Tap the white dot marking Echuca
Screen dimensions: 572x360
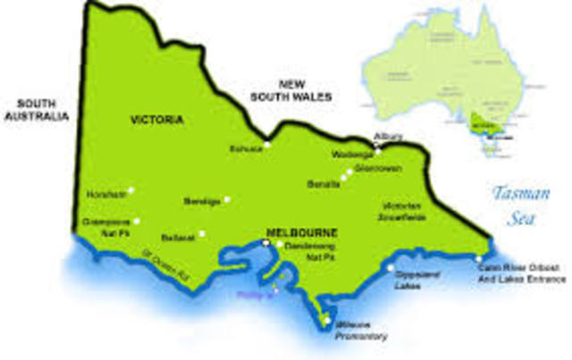[x=266, y=144]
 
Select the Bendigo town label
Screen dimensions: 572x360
[x=202, y=201]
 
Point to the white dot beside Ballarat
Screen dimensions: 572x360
[x=202, y=234]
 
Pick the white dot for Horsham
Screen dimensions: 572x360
[x=130, y=189]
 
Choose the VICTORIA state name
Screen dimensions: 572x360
[x=156, y=120]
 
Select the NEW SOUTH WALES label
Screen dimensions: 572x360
[x=291, y=89]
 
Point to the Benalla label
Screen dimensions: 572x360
[x=324, y=184]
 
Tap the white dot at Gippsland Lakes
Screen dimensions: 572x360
[x=391, y=266]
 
